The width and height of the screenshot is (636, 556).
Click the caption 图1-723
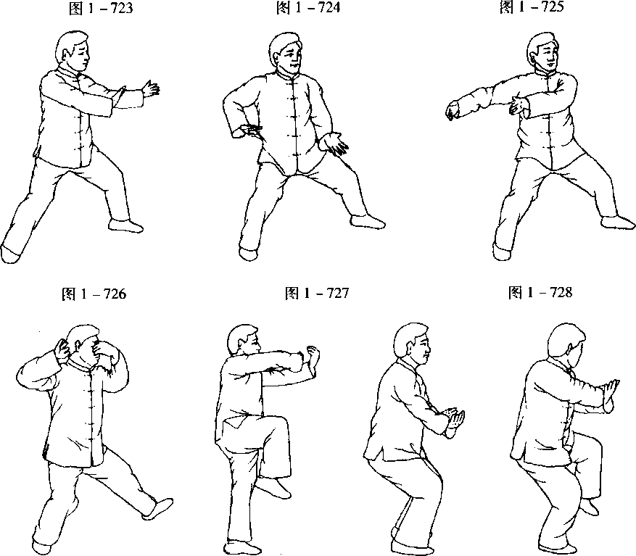tap(101, 9)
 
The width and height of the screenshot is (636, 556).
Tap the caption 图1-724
tap(308, 8)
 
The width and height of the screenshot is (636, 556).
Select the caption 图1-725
tap(532, 7)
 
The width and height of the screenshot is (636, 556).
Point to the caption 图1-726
tap(94, 294)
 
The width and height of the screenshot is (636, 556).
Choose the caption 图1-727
tap(317, 293)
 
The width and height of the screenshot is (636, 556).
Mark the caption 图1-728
tap(540, 292)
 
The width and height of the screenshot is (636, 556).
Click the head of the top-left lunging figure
tap(73, 51)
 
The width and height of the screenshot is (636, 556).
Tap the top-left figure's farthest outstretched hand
tap(151, 89)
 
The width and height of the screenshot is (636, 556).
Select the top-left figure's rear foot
tap(9, 254)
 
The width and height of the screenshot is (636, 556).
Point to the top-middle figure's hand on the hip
tap(248, 131)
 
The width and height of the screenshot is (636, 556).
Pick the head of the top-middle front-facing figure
tap(286, 54)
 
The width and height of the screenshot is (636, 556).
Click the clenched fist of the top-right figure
tap(452, 112)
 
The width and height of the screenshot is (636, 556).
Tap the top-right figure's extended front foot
tap(618, 223)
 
